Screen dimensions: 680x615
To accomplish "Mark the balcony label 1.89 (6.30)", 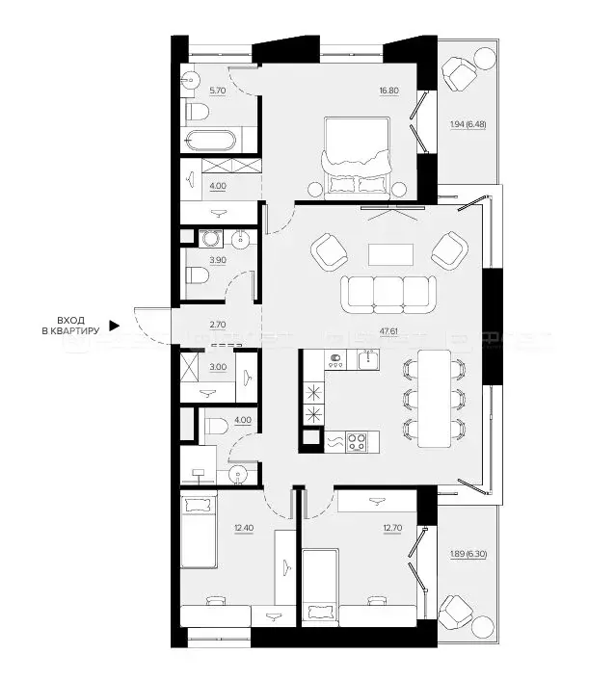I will (468, 554).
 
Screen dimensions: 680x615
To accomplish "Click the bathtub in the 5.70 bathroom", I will (207, 141).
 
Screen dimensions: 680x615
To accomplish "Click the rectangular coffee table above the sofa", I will (390, 253).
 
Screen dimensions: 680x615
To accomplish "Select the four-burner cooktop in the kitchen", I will (357, 442).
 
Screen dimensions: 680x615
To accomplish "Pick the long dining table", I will (435, 398).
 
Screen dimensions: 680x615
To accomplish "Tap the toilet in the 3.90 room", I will (196, 277).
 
